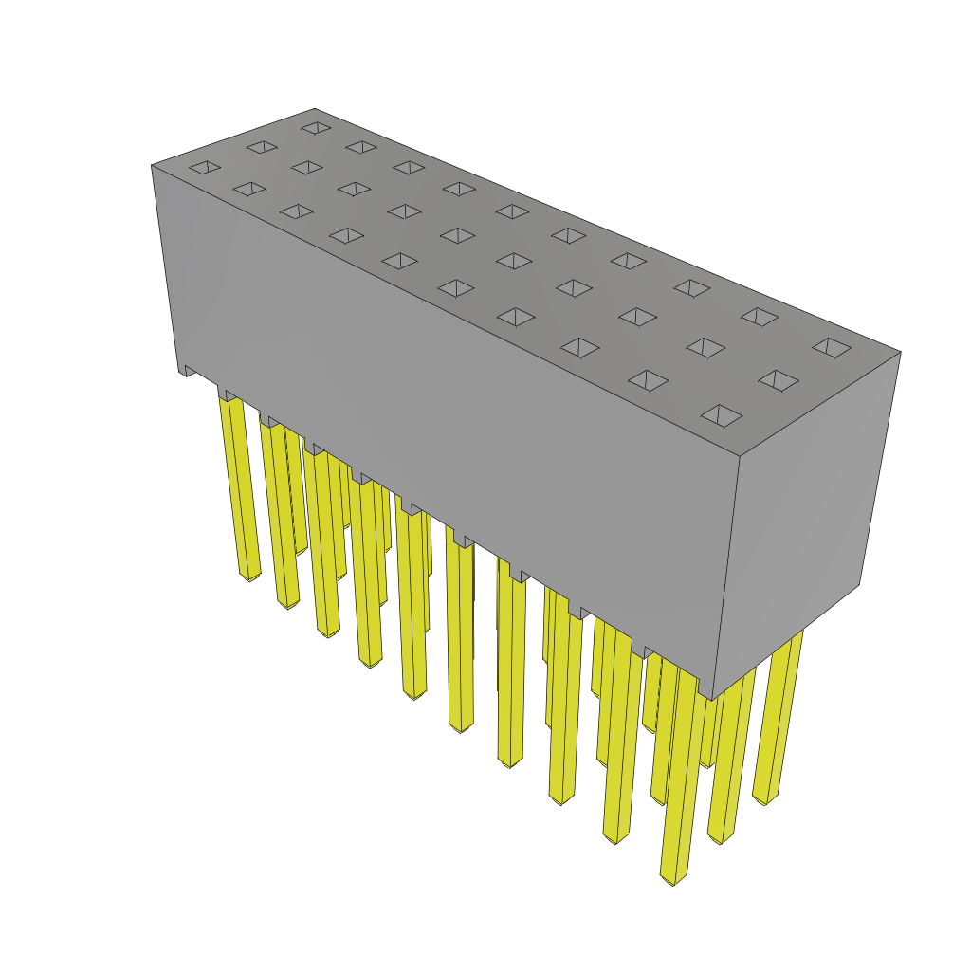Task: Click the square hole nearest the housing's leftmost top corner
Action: [x=205, y=168]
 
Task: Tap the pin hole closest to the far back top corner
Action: [x=316, y=128]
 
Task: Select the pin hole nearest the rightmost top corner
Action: [x=832, y=348]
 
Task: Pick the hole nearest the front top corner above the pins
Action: [x=722, y=415]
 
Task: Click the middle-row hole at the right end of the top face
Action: [x=778, y=380]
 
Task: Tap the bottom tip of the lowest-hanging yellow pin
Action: [x=673, y=880]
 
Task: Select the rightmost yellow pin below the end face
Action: [x=779, y=721]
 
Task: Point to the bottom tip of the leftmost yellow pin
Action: [x=249, y=577]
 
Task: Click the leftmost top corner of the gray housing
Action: [x=153, y=166]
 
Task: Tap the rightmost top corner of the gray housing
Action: [x=899, y=353]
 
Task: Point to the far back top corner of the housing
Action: [x=315, y=110]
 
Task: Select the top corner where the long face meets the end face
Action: [x=740, y=457]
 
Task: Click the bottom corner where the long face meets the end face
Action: [x=711, y=700]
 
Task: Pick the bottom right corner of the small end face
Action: [x=859, y=584]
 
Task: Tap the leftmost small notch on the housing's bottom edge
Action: [x=190, y=370]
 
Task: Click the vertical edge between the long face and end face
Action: [x=725, y=578]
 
